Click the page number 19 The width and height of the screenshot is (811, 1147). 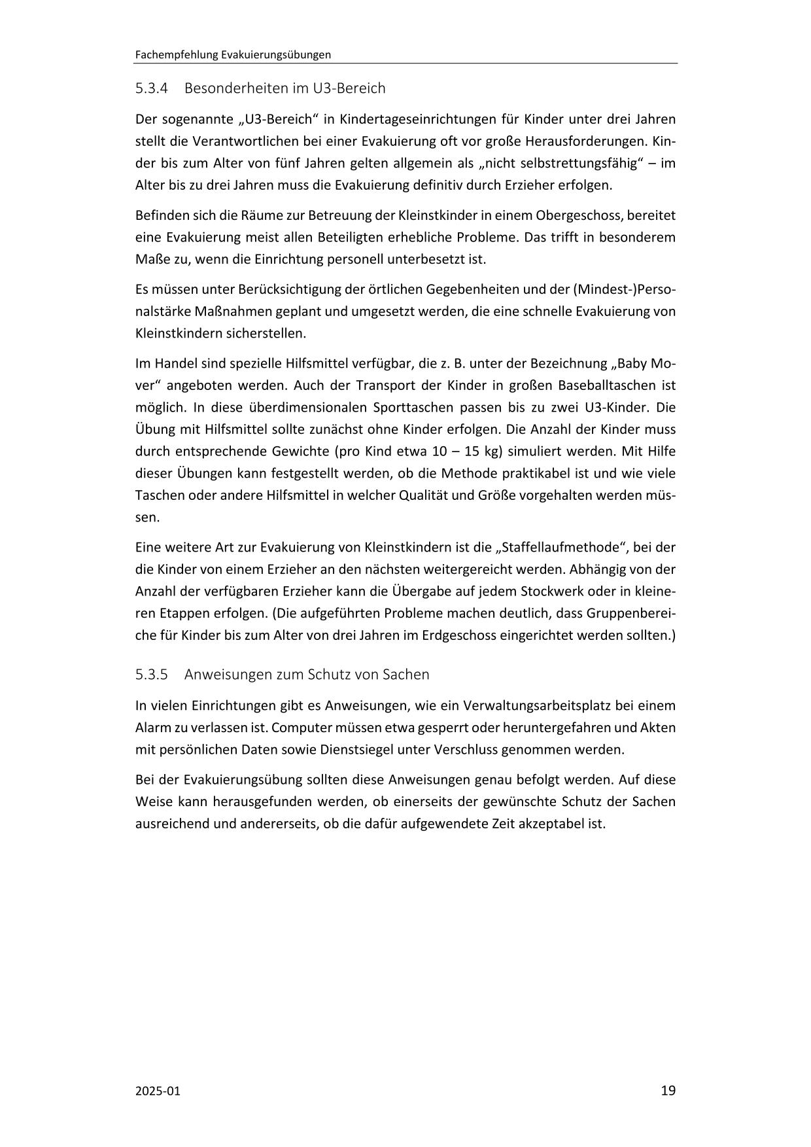(x=668, y=1090)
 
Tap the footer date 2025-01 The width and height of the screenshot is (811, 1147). (x=157, y=1091)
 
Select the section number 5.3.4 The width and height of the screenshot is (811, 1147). (x=152, y=88)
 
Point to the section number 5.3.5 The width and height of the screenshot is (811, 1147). (x=152, y=674)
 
